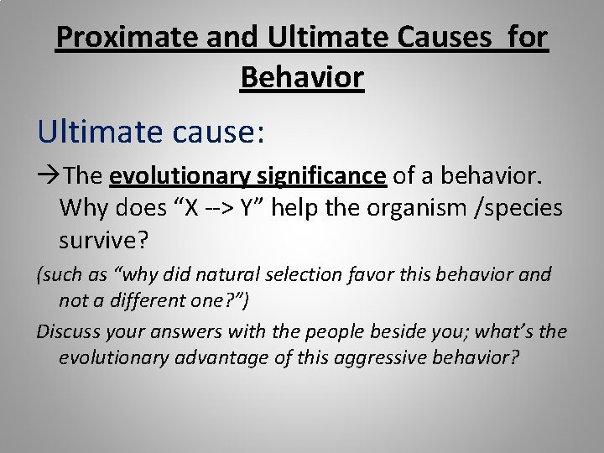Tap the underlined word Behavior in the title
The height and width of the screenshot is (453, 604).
click(x=302, y=77)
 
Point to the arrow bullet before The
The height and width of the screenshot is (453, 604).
click(x=49, y=176)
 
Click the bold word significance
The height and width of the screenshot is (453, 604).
click(x=322, y=176)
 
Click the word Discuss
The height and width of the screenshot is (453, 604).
click(x=65, y=331)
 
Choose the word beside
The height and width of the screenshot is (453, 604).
click(x=388, y=331)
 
